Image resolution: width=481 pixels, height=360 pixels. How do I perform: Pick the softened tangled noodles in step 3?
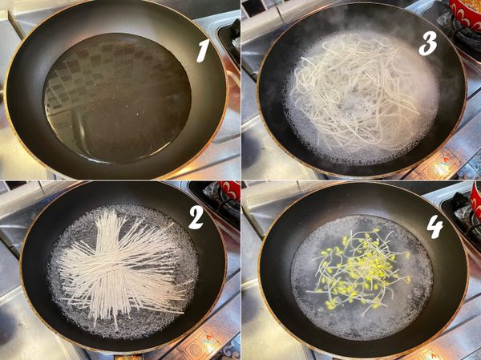click(x=356, y=92)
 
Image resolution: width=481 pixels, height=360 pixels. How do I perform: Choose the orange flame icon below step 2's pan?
click(x=208, y=338)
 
